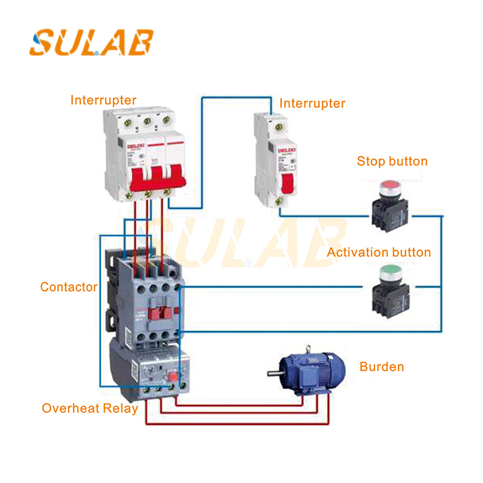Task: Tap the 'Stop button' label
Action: [x=392, y=161]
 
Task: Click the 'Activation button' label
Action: [x=379, y=252]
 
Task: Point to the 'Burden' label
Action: [x=382, y=366]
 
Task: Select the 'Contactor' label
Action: [x=68, y=287]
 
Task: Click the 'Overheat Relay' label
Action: [x=90, y=408]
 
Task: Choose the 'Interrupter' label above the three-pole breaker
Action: [x=103, y=100]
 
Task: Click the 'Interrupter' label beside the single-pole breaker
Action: [x=312, y=103]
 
